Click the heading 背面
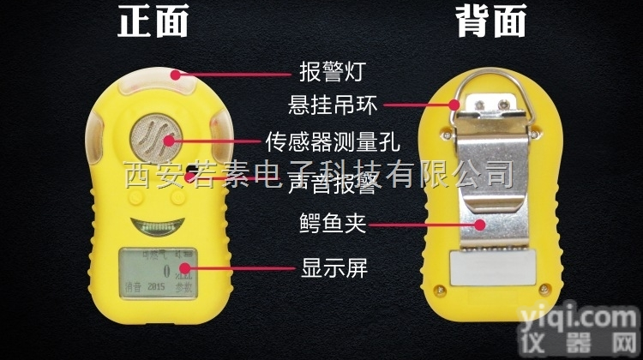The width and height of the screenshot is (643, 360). pos(490,23)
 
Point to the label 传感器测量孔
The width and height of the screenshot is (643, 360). pos(315,140)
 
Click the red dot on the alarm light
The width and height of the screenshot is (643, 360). pos(176,75)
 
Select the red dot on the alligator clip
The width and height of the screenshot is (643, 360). pos(481,225)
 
